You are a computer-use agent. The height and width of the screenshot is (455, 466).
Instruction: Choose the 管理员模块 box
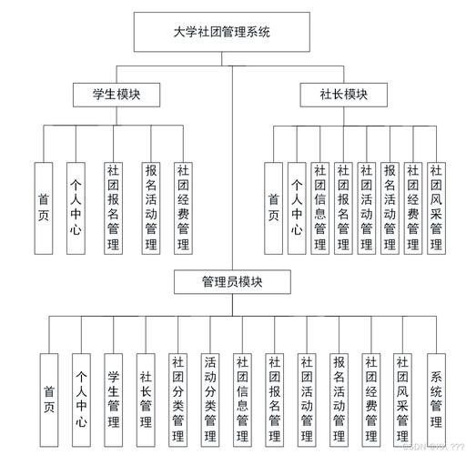coord(231,282)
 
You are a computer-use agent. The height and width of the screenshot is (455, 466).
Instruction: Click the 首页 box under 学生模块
coord(44,207)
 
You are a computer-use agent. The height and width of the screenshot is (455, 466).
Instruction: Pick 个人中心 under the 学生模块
coord(76,207)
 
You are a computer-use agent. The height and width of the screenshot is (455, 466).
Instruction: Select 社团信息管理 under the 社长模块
coord(319,207)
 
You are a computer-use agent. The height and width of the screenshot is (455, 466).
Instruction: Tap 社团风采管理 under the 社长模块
coord(436,207)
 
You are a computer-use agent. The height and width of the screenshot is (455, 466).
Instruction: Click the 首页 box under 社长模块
coord(273,207)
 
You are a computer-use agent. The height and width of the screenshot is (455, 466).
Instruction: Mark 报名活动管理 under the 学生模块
coord(150,207)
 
